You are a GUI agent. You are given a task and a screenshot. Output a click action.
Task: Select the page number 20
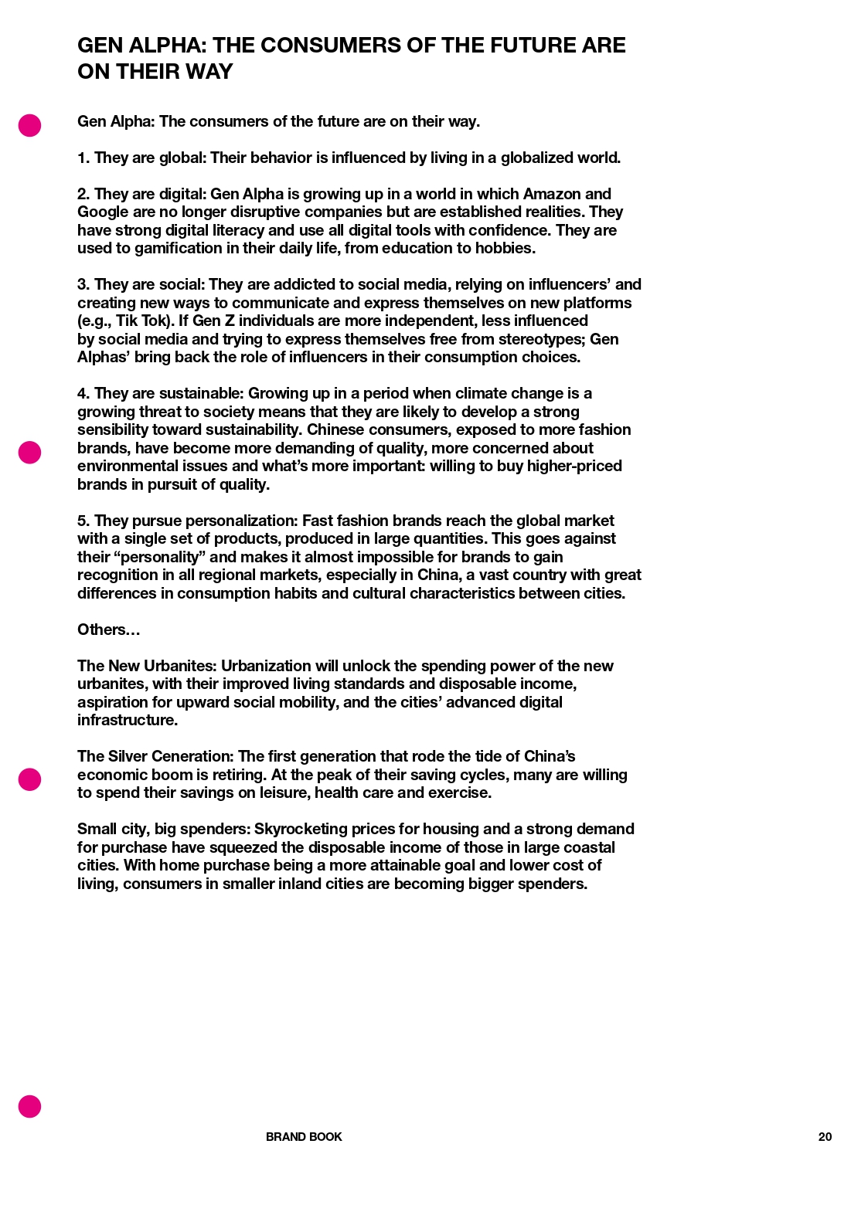(825, 1137)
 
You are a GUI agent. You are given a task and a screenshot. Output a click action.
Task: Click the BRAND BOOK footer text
(304, 1137)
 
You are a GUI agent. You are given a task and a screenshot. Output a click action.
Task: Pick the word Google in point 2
(101, 212)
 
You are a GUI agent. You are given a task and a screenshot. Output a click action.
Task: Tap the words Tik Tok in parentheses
(142, 321)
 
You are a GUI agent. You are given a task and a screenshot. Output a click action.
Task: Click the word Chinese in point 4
(335, 430)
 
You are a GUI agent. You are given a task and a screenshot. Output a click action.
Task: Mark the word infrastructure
(128, 721)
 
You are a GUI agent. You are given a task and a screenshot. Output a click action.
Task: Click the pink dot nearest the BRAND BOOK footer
(29, 1106)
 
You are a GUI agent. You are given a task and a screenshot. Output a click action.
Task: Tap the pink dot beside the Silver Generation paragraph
(29, 779)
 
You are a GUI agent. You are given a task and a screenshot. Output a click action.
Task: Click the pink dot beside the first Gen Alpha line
(29, 125)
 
